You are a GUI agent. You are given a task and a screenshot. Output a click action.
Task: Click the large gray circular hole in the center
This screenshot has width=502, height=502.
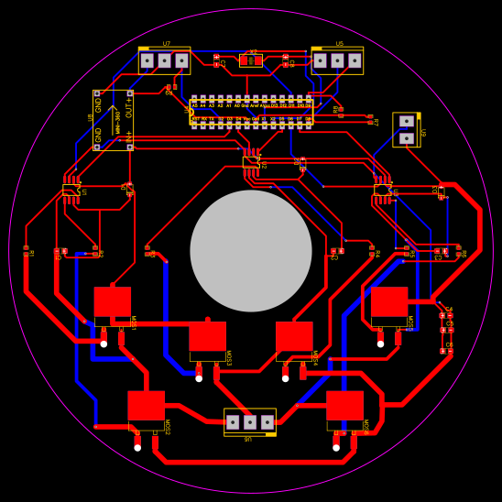(x=251, y=251)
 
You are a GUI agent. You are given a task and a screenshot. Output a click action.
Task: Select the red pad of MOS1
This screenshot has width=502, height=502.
(x=113, y=301)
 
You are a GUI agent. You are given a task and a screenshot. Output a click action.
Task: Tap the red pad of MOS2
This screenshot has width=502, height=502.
(x=146, y=405)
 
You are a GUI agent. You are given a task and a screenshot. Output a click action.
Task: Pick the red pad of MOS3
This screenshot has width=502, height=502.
(x=207, y=336)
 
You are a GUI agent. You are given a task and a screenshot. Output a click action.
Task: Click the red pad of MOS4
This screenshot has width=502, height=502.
(x=294, y=336)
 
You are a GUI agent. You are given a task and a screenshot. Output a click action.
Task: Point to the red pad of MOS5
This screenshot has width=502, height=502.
(x=389, y=301)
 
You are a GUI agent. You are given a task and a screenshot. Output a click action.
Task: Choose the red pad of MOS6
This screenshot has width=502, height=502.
(x=344, y=405)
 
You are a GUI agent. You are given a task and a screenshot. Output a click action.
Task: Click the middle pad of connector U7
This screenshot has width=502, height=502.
(x=164, y=60)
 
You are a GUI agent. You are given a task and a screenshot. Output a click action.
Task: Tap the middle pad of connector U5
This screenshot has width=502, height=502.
(x=337, y=60)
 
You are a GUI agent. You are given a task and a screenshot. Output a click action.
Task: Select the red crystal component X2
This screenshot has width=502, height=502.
(x=250, y=60)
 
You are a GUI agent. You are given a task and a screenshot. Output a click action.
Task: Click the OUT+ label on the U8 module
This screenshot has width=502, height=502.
(x=128, y=106)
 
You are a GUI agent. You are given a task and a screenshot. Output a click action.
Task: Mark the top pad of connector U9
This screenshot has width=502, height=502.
(x=406, y=121)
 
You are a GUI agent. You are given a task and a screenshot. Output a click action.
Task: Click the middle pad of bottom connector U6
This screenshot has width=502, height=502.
(x=249, y=422)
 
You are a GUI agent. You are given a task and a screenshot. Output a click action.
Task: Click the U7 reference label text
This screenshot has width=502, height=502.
(x=166, y=44)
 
